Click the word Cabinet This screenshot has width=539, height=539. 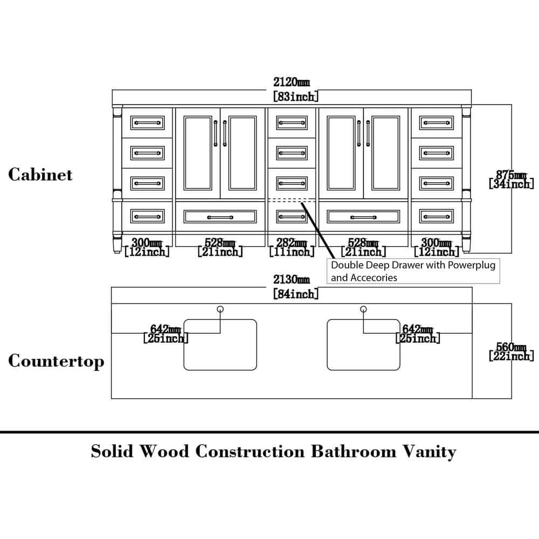pyautogui.click(x=40, y=175)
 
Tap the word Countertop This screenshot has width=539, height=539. pyautogui.click(x=56, y=361)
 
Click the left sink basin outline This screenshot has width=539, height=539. pyautogui.click(x=220, y=344)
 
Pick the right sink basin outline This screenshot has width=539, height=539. pyautogui.click(x=364, y=344)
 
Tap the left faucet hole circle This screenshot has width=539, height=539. pyautogui.click(x=220, y=309)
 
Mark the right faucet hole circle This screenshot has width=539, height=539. pyautogui.click(x=363, y=309)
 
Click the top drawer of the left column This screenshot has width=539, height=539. pyautogui.click(x=147, y=123)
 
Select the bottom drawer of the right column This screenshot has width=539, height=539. pyautogui.click(x=436, y=217)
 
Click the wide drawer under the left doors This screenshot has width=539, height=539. pyautogui.click(x=220, y=217)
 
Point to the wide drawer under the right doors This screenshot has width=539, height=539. pyautogui.click(x=363, y=217)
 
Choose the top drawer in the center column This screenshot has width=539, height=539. pyautogui.click(x=292, y=123)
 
